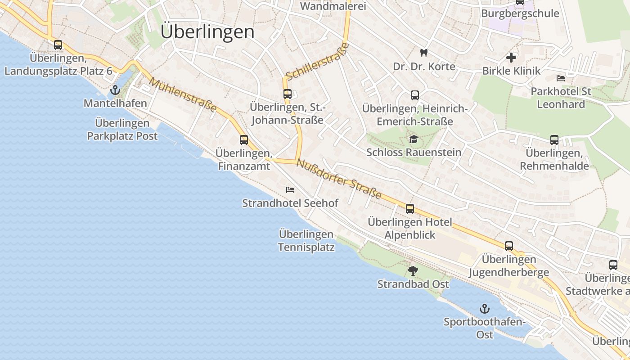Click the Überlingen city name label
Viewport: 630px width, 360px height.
tap(207, 32)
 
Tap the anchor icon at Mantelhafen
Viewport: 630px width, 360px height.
tap(115, 90)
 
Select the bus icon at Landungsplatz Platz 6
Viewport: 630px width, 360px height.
tap(58, 45)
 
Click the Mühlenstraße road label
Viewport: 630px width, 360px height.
tap(183, 95)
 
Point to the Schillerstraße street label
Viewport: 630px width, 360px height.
tap(317, 62)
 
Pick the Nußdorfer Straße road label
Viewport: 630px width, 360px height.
tap(339, 180)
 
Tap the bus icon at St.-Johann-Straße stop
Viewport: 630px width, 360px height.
tap(287, 94)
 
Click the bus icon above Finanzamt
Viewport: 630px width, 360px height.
tap(243, 140)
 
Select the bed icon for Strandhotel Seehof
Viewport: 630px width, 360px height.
tap(290, 190)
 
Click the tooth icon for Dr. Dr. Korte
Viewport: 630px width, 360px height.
tap(423, 53)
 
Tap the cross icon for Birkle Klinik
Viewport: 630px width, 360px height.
tap(511, 58)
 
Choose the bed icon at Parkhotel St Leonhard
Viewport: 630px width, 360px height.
tap(561, 78)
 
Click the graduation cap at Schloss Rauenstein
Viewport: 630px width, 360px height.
tap(414, 139)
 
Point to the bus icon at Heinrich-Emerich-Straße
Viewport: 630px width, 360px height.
tap(414, 95)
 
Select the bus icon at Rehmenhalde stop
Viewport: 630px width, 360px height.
tap(554, 140)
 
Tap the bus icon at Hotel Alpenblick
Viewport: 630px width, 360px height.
tap(409, 209)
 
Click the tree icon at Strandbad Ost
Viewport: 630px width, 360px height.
tap(413, 271)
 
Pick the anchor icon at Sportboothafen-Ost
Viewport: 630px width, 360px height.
tap(484, 309)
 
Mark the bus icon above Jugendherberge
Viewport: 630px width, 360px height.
tap(508, 246)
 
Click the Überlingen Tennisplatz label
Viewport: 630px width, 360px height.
tap(306, 241)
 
